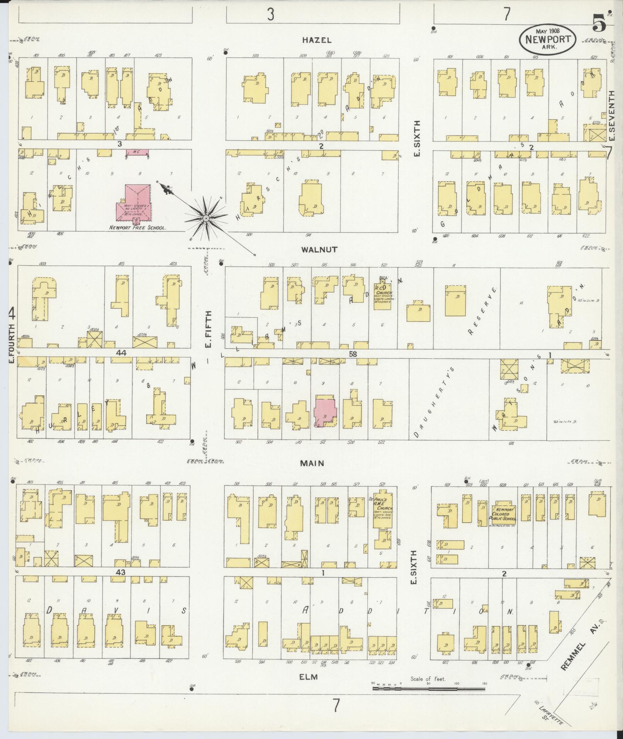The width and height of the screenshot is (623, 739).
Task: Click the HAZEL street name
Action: [317, 40]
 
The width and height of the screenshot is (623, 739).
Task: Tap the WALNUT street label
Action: [319, 250]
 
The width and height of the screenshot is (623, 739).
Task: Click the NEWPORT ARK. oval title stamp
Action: [548, 39]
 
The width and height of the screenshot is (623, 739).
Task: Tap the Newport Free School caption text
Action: [138, 228]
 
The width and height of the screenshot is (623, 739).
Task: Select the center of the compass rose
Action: [206, 219]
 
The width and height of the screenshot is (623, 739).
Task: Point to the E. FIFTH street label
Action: [209, 330]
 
